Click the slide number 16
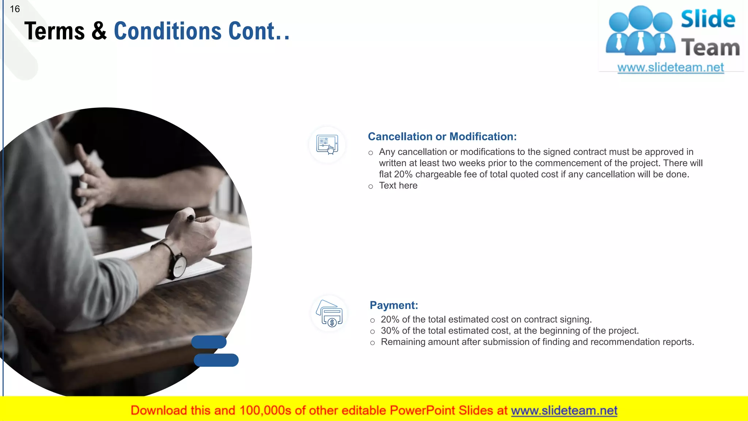[x=15, y=9]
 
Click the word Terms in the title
[x=54, y=31]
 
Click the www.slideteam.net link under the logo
[x=670, y=67]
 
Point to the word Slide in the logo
[x=708, y=19]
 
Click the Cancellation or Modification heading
[x=442, y=136]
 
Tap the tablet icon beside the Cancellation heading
[x=327, y=145]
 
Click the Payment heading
[x=394, y=305]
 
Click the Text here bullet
[x=398, y=186]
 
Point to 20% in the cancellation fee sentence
[x=403, y=174]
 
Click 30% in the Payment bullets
[x=390, y=331]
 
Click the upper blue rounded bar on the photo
[x=209, y=342]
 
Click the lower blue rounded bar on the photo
[x=216, y=360]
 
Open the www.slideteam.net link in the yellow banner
[x=564, y=411]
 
